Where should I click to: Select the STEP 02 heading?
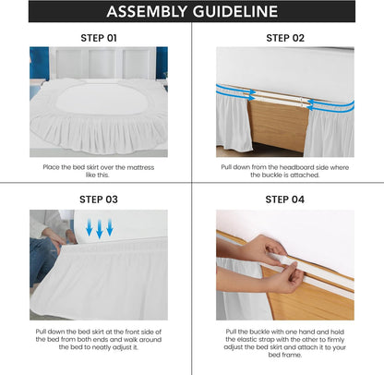(285, 38)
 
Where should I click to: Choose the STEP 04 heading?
(285, 199)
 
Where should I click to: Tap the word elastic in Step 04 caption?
(244, 338)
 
